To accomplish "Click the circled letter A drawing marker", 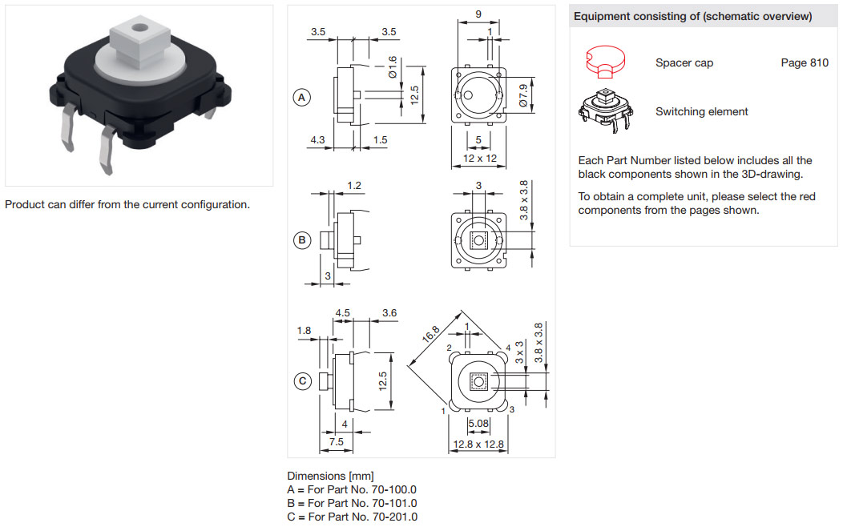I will click(302, 98).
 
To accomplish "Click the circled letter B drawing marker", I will click(302, 239).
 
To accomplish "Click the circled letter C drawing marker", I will click(303, 381).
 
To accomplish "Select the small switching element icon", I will click(605, 111).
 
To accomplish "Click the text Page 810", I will click(805, 63).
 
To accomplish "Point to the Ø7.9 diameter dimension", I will click(522, 95).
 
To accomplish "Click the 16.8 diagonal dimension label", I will click(431, 334).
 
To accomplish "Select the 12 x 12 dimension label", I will click(480, 159).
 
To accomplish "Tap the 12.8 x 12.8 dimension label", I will click(478, 444).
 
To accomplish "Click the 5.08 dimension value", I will click(478, 424).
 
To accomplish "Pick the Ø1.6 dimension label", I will click(393, 66).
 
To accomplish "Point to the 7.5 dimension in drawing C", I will click(336, 441).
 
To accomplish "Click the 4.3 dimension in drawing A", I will click(317, 139).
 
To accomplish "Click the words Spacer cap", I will click(684, 63).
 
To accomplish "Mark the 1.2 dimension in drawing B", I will click(353, 186).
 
